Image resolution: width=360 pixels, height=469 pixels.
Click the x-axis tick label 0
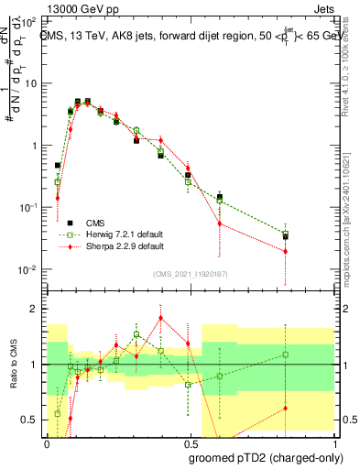point(47,442)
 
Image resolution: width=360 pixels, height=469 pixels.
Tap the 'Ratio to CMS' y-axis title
point(14,365)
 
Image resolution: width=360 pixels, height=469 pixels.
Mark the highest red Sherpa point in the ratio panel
point(161,318)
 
